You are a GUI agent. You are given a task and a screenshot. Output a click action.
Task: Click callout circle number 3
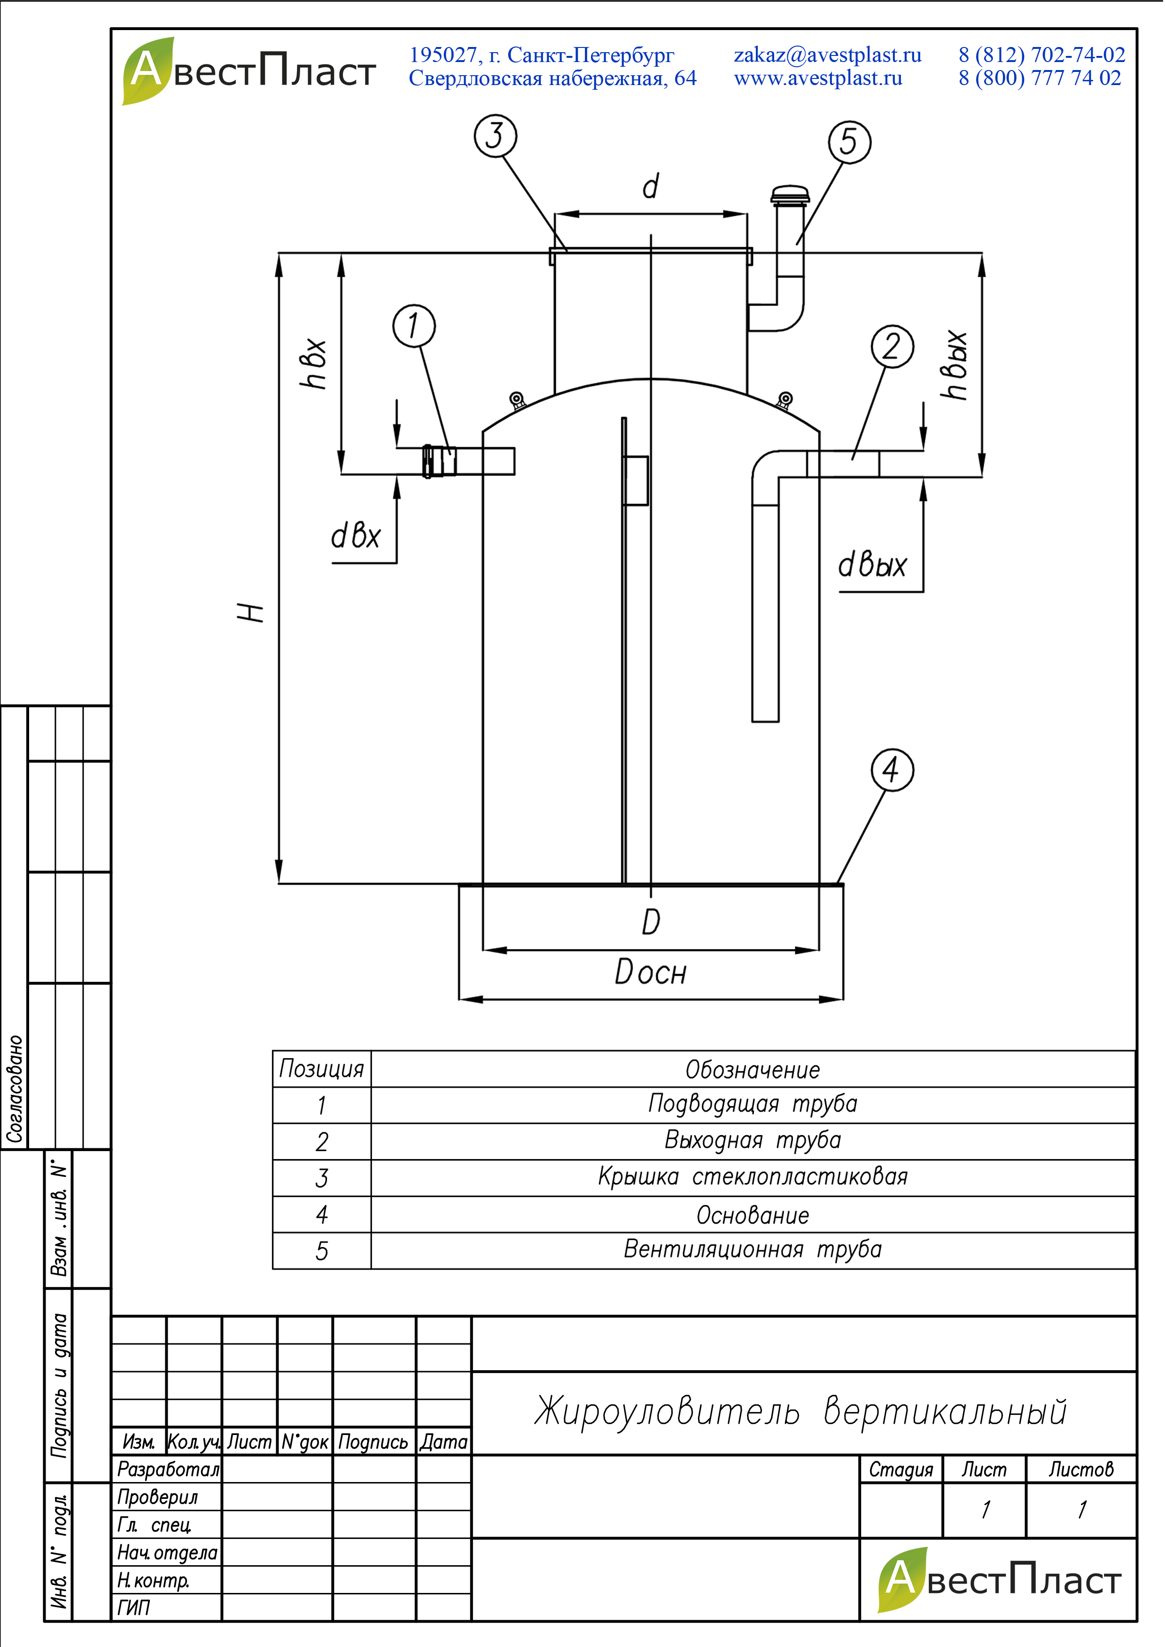496,136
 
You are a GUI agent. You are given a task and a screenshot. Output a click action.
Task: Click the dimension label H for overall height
251,612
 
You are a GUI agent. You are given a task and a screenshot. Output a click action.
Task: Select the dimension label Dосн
651,973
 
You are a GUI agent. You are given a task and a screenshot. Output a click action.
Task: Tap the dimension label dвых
872,565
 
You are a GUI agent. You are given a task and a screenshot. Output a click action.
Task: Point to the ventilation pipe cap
790,195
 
